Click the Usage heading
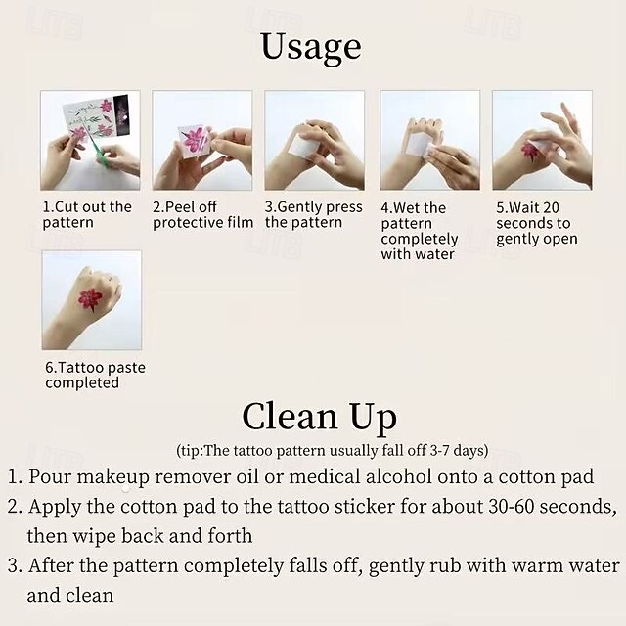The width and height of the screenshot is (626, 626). click(x=311, y=47)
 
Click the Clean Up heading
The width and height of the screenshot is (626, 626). click(x=320, y=418)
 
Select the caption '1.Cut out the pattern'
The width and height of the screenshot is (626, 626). click(x=87, y=214)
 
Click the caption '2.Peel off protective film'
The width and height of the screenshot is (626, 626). click(x=202, y=214)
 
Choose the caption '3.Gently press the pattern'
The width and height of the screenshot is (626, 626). click(x=314, y=214)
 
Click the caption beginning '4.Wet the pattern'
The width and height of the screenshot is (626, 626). click(x=420, y=231)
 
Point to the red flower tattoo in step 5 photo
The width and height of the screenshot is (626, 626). click(x=530, y=152)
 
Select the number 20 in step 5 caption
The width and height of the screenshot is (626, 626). click(x=551, y=207)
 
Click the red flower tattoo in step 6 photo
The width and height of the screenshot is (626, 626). click(x=90, y=299)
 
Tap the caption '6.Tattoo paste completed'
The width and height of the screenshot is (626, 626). click(x=95, y=375)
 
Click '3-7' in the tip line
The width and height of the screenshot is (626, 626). click(x=440, y=451)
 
